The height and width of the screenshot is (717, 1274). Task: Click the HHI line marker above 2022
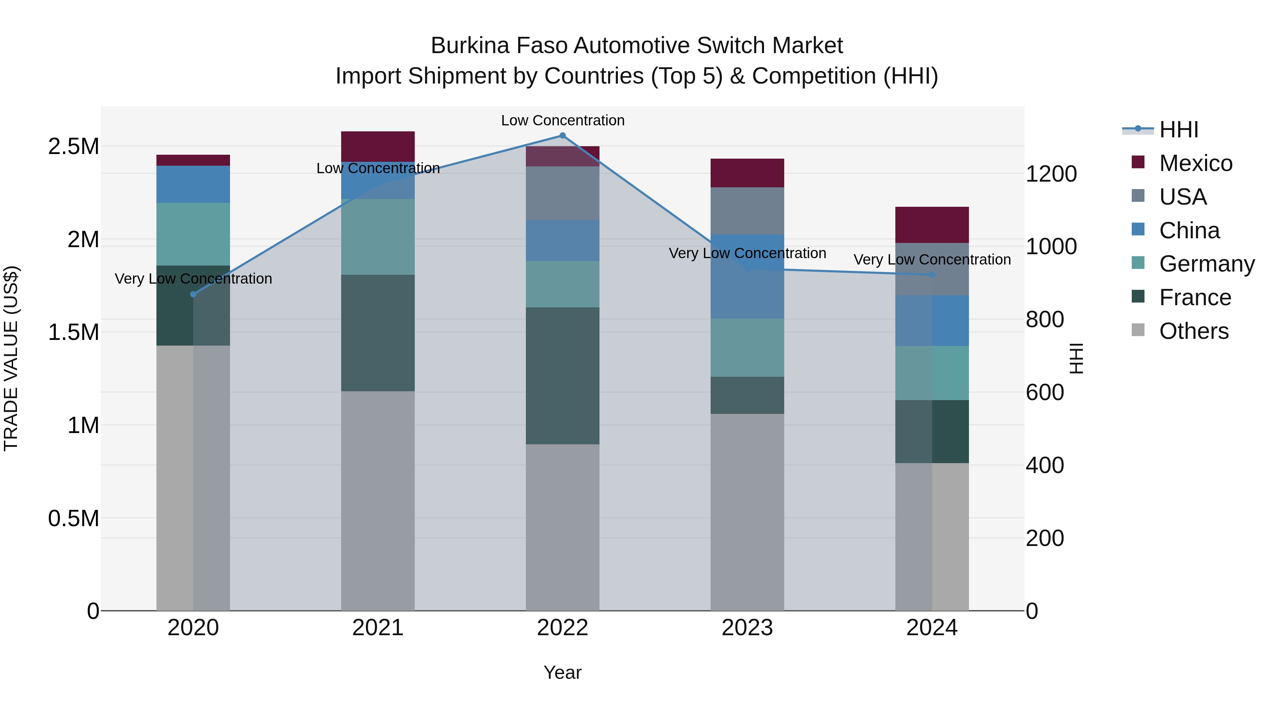click(x=562, y=136)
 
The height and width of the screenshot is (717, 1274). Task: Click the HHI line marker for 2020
click(x=193, y=295)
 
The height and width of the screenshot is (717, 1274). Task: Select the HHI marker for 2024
click(x=932, y=275)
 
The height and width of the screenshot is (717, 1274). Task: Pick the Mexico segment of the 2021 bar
click(x=378, y=147)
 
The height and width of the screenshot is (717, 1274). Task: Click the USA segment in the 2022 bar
click(x=562, y=193)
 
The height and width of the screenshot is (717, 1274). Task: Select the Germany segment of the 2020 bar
click(x=193, y=234)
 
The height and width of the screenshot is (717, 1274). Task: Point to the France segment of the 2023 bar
click(x=747, y=396)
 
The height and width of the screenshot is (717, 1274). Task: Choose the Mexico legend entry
click(x=1195, y=163)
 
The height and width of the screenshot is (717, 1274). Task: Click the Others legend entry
click(x=1193, y=331)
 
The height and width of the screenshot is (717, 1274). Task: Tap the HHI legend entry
click(x=1178, y=130)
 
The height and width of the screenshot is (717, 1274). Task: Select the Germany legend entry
click(x=1206, y=264)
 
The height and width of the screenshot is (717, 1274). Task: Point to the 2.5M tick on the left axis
click(x=73, y=147)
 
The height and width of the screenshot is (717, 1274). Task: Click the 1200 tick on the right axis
click(x=1051, y=174)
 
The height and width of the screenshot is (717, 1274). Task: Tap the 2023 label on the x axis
click(x=747, y=628)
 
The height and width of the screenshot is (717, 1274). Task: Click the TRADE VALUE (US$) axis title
click(x=11, y=358)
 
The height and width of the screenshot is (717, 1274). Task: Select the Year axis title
click(x=562, y=672)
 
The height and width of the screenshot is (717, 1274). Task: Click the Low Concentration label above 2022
click(x=562, y=120)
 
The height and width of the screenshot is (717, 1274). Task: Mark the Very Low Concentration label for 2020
click(x=193, y=279)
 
